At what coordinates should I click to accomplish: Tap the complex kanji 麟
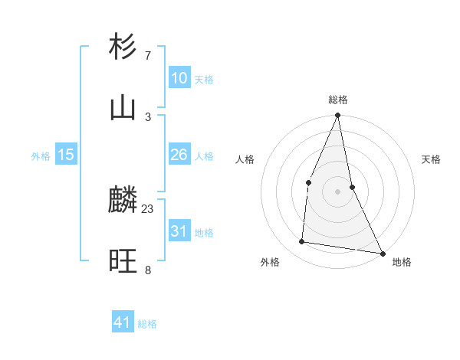point(122,201)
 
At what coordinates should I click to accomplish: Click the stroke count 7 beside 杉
point(148,55)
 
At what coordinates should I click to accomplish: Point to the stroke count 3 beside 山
point(148,116)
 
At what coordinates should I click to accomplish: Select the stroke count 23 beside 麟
point(148,208)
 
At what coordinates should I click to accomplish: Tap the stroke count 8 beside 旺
point(148,270)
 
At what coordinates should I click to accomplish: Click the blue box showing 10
point(179,77)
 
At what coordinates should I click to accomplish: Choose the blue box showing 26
point(179,155)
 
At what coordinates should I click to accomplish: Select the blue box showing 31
point(179,231)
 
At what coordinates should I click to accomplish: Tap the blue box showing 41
point(123,322)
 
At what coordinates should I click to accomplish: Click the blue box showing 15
point(66,155)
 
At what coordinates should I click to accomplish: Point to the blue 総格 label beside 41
point(147,324)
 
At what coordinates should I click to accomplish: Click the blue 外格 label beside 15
point(41,156)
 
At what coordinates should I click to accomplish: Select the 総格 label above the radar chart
point(338,100)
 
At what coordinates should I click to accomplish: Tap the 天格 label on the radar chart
point(431,159)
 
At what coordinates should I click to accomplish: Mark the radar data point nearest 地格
point(382,253)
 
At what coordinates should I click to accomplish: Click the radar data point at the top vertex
point(338,116)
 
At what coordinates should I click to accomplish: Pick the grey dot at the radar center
point(338,191)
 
